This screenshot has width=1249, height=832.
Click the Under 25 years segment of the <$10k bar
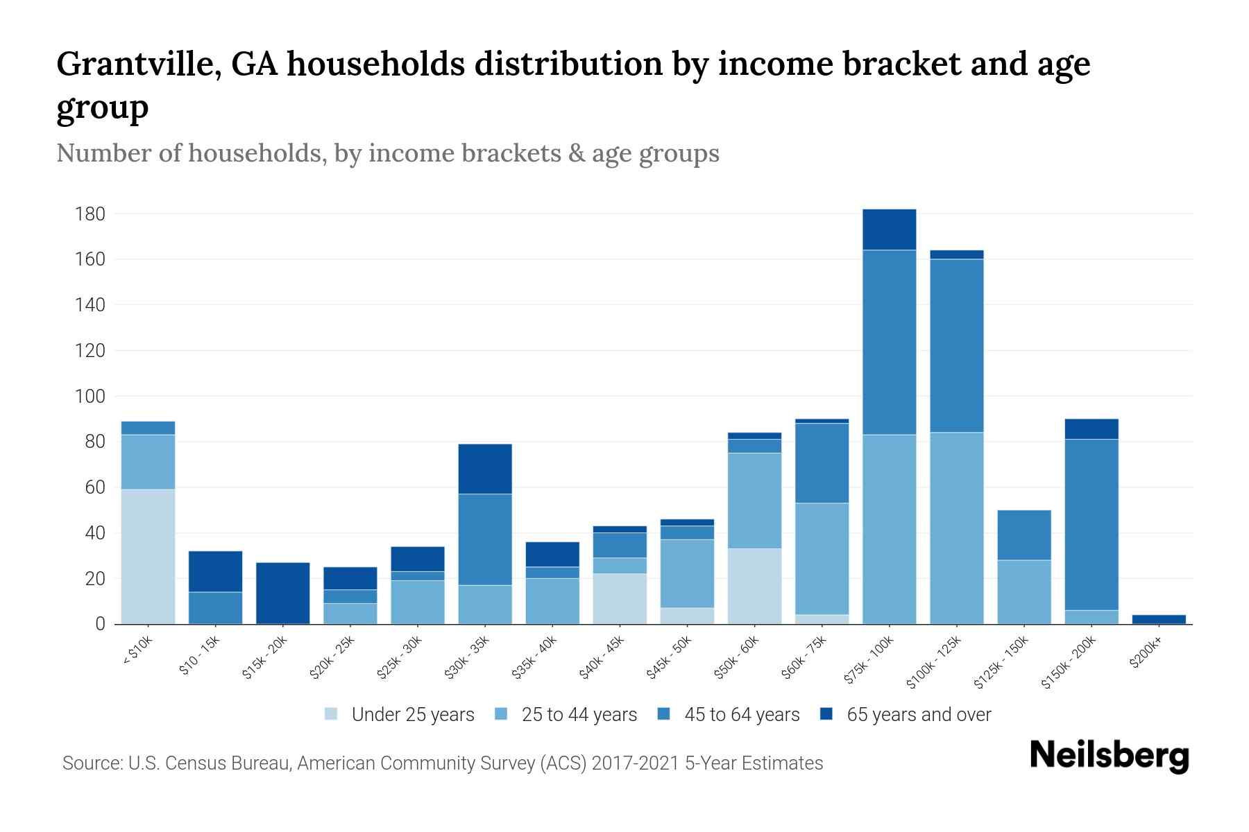[x=148, y=557]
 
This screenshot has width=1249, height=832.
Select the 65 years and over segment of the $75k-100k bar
[x=889, y=229]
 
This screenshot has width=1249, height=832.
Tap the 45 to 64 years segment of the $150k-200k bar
[x=1091, y=525]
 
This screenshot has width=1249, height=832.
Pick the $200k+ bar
[x=1159, y=619]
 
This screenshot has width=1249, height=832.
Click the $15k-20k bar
[x=283, y=593]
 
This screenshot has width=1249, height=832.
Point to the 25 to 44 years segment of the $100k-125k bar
[x=956, y=528]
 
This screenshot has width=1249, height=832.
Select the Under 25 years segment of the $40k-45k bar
[x=620, y=599]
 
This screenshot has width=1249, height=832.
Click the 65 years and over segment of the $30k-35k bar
[x=485, y=469]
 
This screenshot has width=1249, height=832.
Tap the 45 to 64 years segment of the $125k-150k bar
[x=1024, y=535]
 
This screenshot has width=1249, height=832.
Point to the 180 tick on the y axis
[x=90, y=214]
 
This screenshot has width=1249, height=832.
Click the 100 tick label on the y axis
[x=90, y=397]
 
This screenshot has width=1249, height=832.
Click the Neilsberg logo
[x=1109, y=756]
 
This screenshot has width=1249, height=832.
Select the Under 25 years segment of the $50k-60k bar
[x=754, y=587]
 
